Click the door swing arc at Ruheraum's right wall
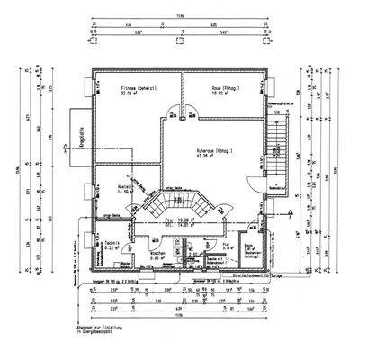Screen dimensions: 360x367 255,184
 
